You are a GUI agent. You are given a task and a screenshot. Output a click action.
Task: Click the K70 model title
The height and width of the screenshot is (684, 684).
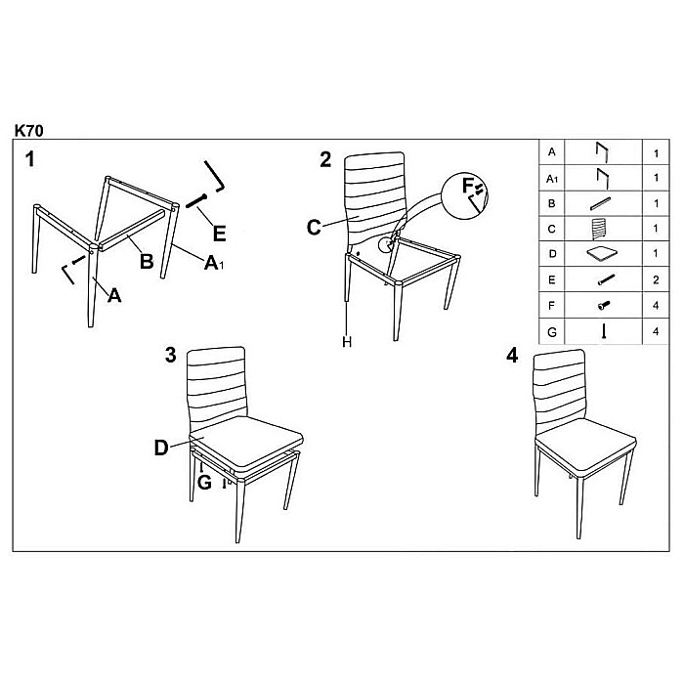29,131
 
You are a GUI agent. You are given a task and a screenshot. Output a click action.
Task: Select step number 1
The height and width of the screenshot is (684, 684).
30,159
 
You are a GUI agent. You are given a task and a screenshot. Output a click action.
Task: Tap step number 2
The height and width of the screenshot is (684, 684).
325,159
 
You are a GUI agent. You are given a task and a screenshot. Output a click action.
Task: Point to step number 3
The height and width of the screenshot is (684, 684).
171,355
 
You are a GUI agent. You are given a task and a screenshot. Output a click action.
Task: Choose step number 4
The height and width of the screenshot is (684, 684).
512,356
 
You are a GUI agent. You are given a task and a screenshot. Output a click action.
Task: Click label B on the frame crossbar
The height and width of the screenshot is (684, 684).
147,261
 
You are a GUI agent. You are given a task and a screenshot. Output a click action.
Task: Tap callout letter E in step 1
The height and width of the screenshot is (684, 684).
220,234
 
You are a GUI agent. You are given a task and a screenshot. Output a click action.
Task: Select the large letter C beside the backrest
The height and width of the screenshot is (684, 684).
314,228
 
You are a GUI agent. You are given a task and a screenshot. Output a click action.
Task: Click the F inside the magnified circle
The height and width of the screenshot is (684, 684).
468,187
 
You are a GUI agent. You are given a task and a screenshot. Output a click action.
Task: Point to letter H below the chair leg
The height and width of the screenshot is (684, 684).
347,342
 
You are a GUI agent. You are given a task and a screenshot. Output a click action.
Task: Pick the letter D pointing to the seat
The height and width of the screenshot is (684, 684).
161,448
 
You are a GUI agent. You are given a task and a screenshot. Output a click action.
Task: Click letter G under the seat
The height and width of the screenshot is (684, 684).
204,483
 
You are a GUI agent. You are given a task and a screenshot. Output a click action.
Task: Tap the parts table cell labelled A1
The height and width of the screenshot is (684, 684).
552,179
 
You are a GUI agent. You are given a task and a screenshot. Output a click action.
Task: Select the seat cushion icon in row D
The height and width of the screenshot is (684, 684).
603,254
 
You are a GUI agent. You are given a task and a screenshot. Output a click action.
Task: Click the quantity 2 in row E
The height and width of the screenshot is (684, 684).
656,280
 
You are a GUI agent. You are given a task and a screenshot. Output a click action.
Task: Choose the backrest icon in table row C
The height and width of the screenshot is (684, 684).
599,229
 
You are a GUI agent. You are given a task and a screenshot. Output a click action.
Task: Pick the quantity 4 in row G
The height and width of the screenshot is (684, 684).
656,331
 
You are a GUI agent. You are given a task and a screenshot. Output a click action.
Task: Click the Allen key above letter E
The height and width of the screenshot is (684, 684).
215,176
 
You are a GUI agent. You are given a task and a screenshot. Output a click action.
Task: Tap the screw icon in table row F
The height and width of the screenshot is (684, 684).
604,306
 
